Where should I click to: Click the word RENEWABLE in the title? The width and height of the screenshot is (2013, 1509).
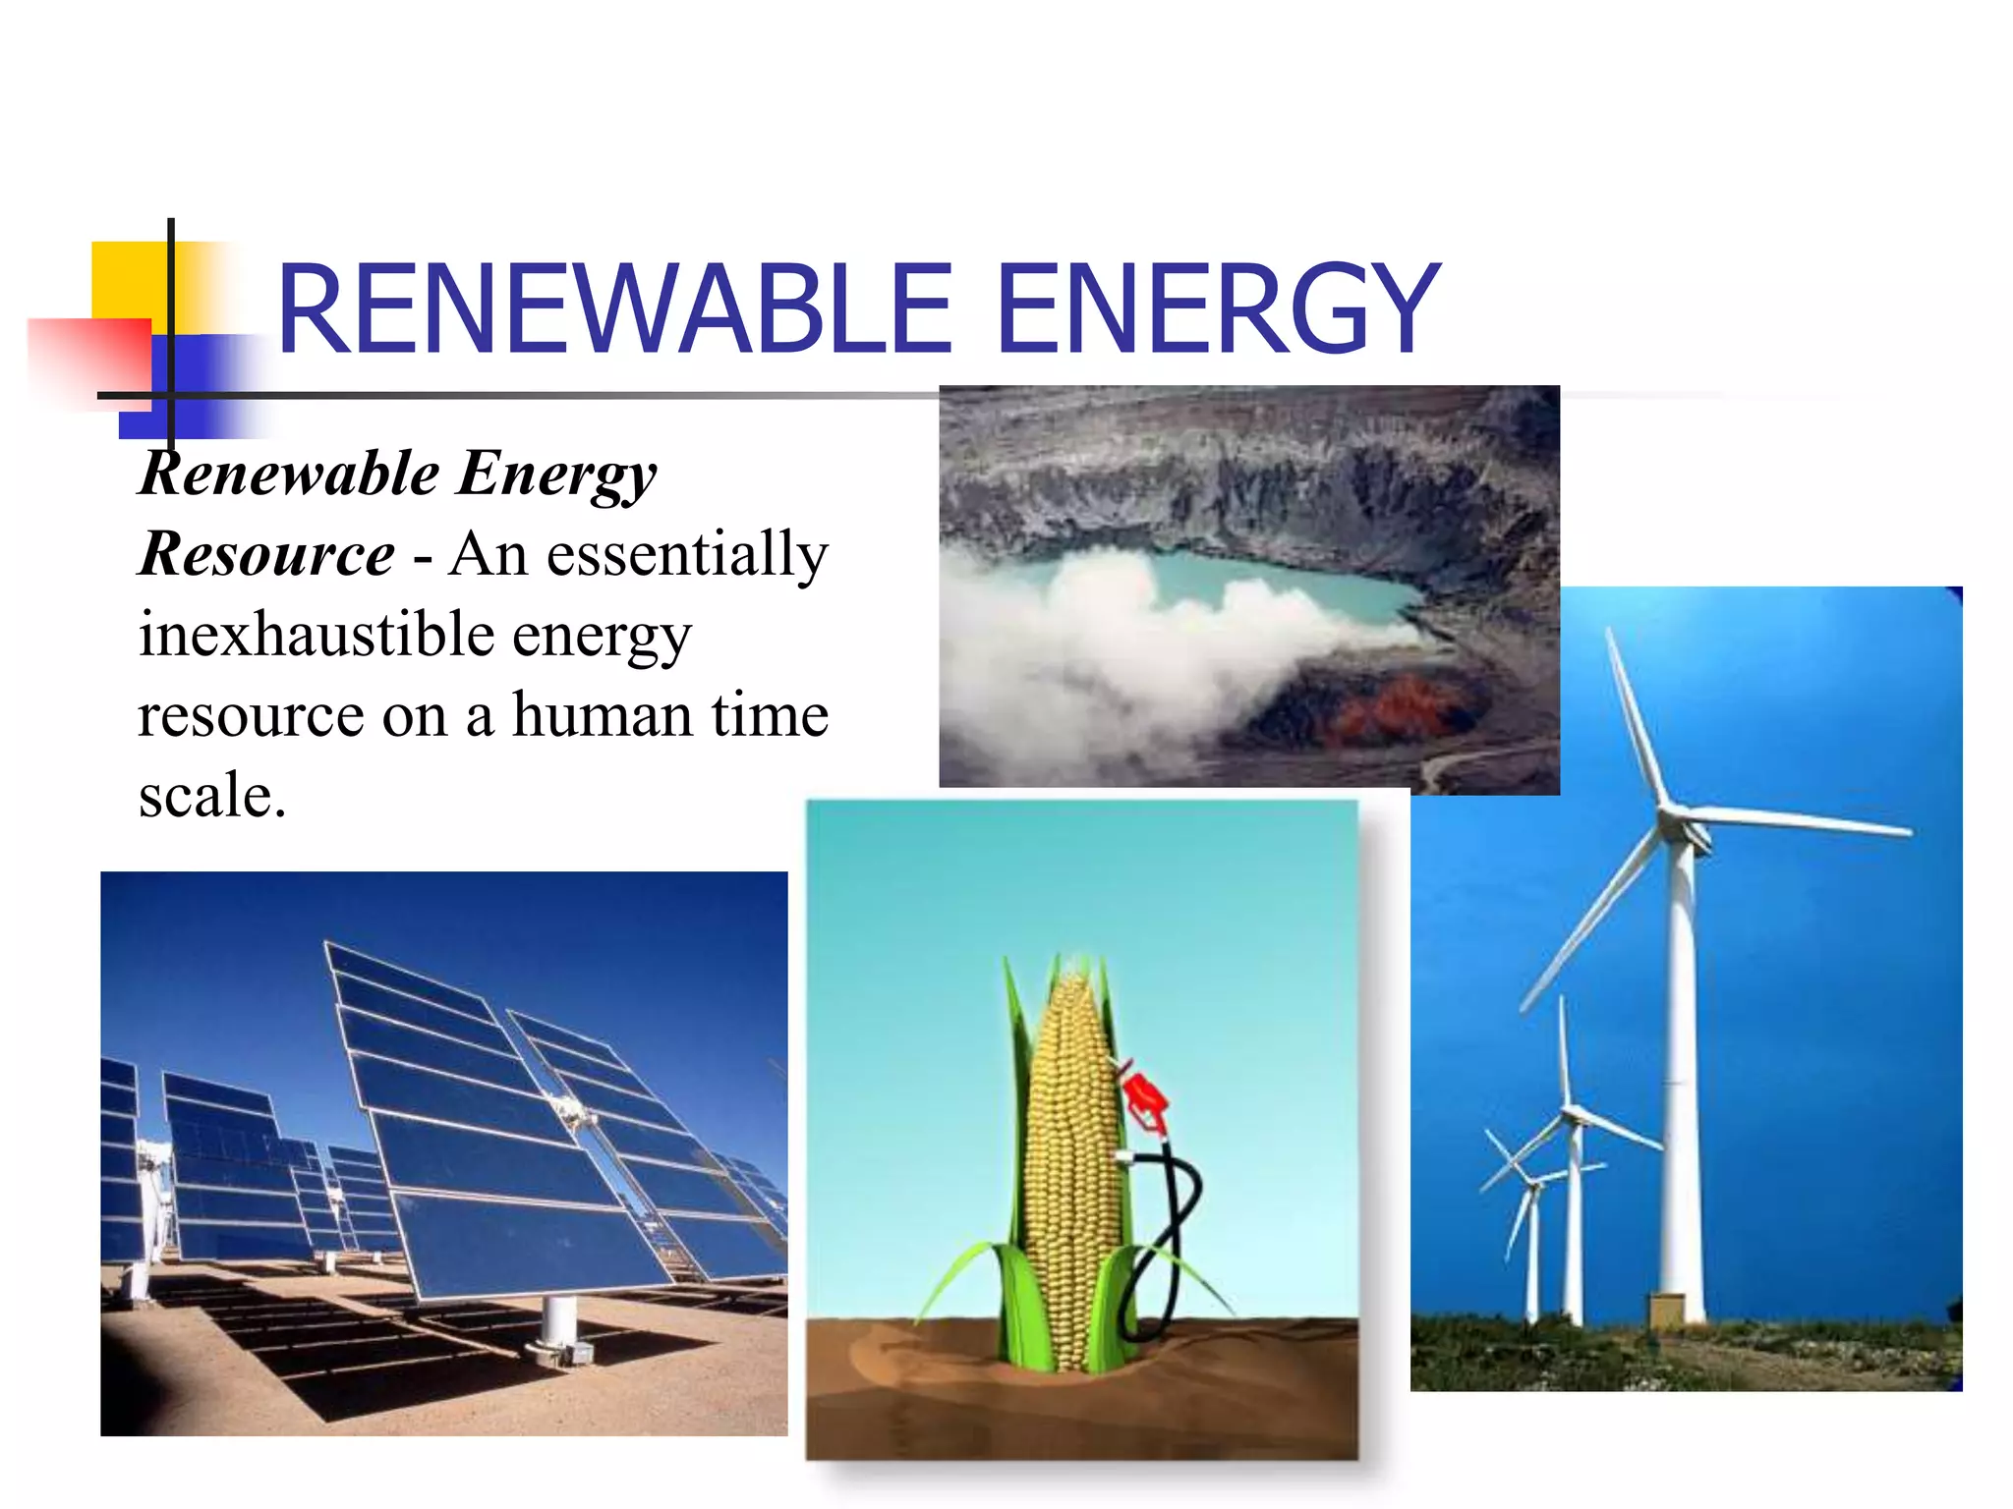point(614,309)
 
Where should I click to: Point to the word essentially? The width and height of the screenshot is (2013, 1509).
point(687,556)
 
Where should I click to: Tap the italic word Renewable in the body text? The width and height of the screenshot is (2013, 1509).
point(290,474)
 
